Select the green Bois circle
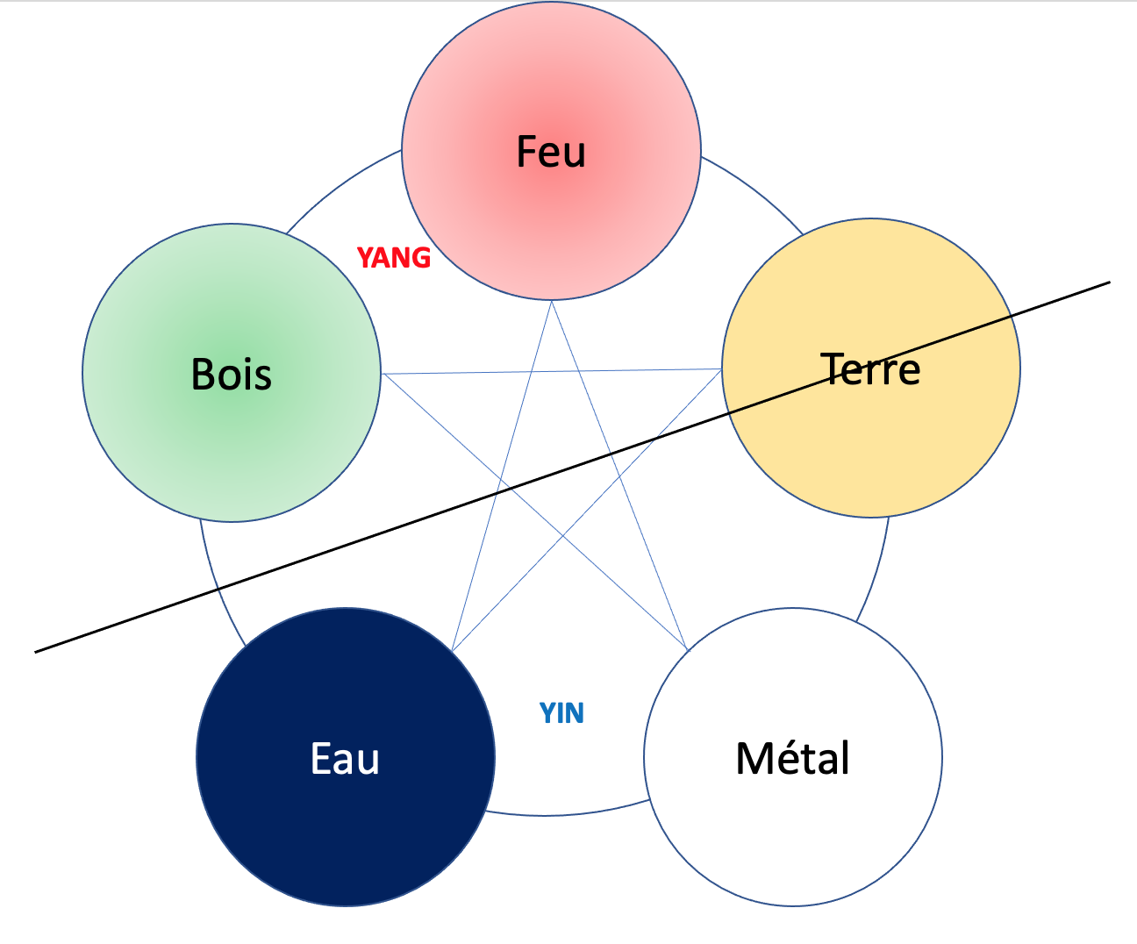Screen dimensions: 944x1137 click(232, 439)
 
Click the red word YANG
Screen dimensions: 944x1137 click(394, 258)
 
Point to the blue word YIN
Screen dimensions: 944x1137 click(561, 713)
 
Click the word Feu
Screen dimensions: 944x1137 click(551, 152)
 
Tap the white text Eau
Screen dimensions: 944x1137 click(346, 759)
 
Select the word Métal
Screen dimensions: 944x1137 click(793, 759)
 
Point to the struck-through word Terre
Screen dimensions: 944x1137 click(871, 369)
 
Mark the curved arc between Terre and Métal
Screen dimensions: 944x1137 click(876, 570)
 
